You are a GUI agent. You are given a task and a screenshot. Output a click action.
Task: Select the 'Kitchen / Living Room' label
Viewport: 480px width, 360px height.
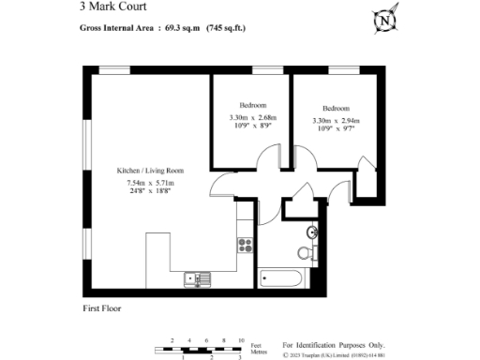pyautogui.click(x=150, y=171)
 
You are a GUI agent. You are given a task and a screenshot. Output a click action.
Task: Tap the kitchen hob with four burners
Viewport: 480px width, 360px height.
pyautogui.click(x=246, y=246)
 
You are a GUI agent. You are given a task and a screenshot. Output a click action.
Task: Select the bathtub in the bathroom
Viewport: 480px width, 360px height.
pyautogui.click(x=280, y=278)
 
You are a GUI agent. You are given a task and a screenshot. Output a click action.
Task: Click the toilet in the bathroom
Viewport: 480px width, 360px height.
pyautogui.click(x=304, y=251)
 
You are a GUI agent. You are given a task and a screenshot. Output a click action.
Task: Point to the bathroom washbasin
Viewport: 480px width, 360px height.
pyautogui.click(x=312, y=232)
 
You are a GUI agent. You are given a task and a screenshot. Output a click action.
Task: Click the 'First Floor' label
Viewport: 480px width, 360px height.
pyautogui.click(x=101, y=307)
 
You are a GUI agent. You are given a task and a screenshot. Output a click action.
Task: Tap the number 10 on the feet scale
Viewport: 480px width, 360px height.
pyautogui.click(x=241, y=339)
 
